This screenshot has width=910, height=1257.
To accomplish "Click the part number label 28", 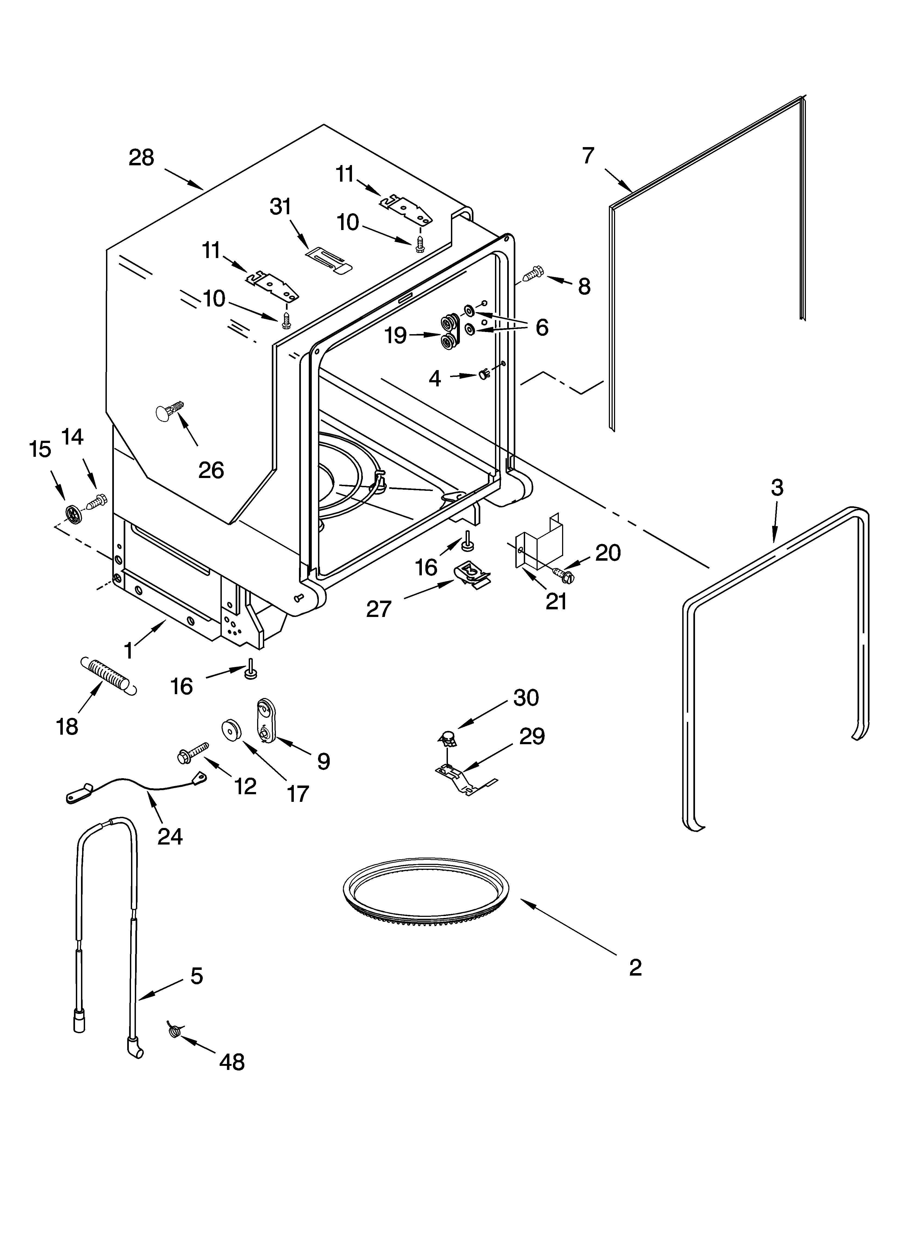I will pyautogui.click(x=141, y=158).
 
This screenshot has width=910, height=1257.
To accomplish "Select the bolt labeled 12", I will pyautogui.click(x=191, y=752).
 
